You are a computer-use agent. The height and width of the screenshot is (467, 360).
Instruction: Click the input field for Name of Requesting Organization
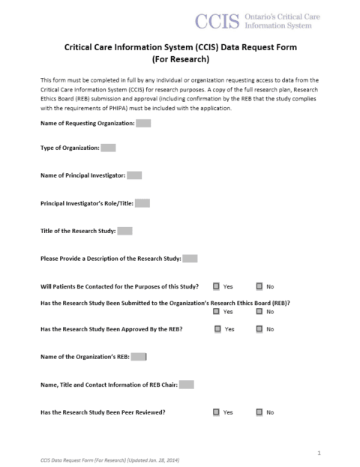(x=144, y=123)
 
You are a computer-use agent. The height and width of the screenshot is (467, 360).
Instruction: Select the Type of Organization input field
(x=108, y=148)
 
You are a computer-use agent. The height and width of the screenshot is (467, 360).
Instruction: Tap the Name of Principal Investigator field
(x=134, y=175)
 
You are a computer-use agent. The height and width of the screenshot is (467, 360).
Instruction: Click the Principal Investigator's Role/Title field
(x=142, y=203)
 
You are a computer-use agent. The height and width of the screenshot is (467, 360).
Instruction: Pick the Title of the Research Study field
(x=125, y=231)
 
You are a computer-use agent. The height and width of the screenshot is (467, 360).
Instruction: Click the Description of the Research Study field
(x=190, y=259)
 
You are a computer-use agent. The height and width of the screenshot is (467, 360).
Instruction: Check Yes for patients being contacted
(x=216, y=286)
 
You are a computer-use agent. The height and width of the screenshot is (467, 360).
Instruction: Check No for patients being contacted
(x=259, y=286)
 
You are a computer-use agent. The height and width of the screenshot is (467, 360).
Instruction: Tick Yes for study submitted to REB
(x=216, y=311)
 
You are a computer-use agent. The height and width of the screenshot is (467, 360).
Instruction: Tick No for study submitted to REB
(x=259, y=311)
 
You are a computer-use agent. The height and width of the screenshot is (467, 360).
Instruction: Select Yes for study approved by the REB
(x=217, y=329)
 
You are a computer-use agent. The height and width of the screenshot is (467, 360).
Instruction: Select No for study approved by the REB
(x=259, y=329)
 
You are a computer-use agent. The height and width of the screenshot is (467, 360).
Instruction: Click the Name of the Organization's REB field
(x=139, y=357)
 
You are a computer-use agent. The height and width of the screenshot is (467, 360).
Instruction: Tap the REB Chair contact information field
(x=187, y=385)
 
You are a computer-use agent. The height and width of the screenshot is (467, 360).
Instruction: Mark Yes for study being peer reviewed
(x=216, y=412)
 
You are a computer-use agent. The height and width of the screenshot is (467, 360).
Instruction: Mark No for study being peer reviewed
(x=259, y=412)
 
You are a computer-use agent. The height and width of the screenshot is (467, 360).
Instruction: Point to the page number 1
(x=319, y=453)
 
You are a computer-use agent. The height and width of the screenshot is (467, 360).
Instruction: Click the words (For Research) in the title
(x=180, y=58)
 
